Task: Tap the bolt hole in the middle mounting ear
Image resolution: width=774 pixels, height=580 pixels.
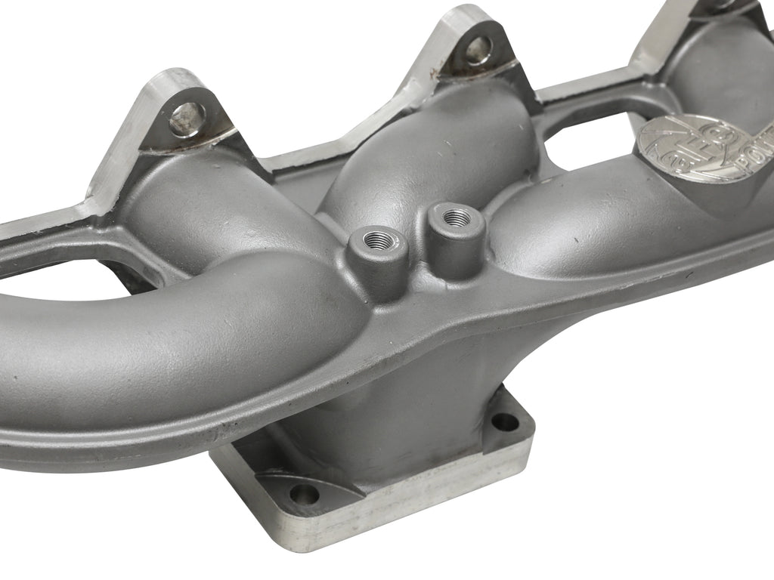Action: (478, 51)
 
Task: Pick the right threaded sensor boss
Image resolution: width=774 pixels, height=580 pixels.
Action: (454, 218)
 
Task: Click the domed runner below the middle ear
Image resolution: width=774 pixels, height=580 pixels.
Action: (423, 151)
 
